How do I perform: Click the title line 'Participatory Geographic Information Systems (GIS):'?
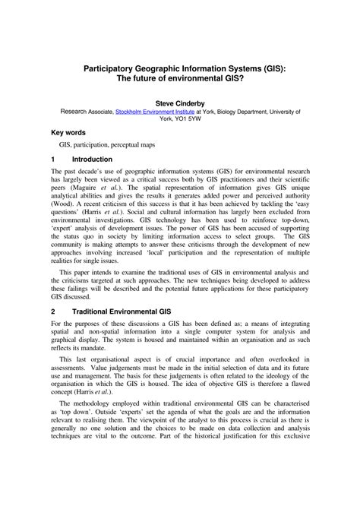[x=180, y=68]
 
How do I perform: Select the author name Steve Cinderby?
[x=180, y=100]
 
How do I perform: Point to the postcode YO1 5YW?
[x=188, y=119]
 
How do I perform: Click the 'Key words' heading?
[x=68, y=131]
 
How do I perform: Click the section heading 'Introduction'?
[x=92, y=160]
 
